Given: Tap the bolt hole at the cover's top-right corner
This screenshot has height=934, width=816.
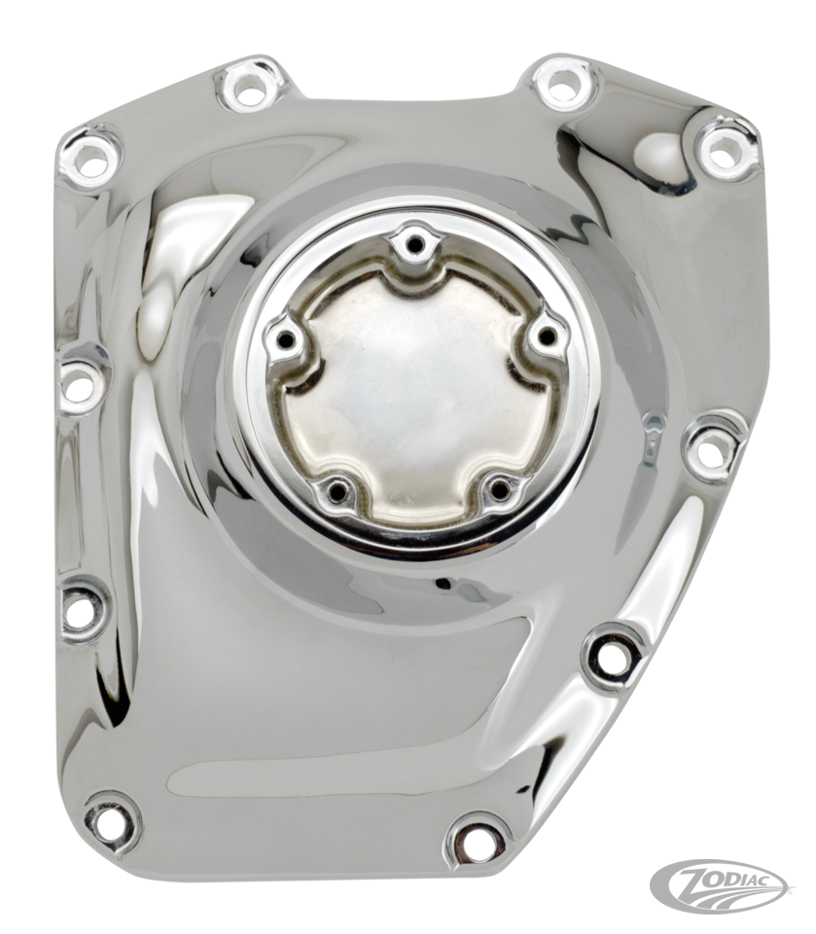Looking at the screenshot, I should (x=721, y=148).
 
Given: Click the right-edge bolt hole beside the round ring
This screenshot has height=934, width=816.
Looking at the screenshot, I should (x=712, y=453).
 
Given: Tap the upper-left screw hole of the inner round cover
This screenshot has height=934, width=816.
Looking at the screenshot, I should (x=286, y=340).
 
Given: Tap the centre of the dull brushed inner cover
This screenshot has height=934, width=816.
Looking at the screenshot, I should (x=413, y=389).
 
